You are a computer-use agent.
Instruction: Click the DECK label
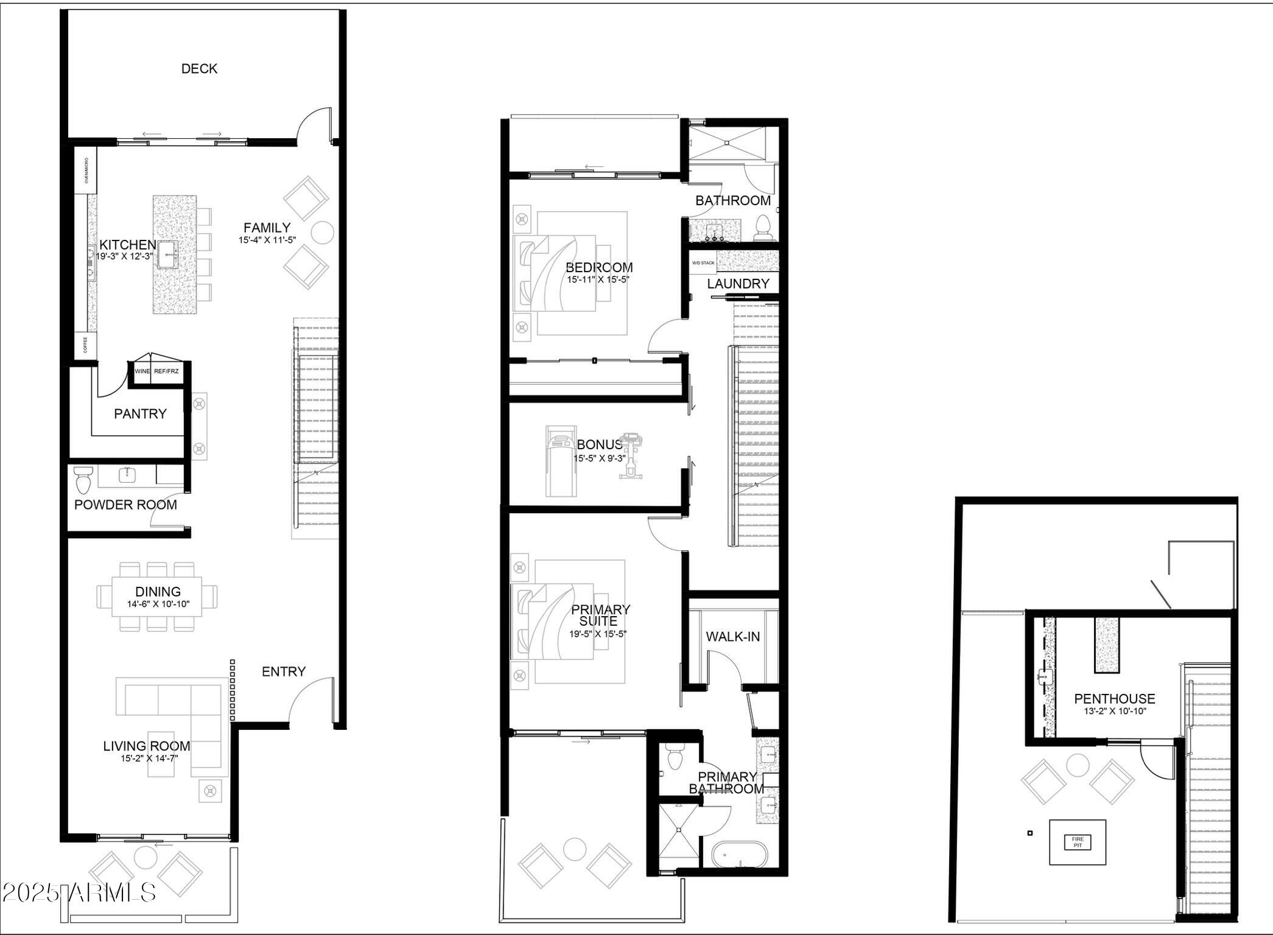(x=199, y=69)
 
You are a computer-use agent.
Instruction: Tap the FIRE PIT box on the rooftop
(x=1077, y=842)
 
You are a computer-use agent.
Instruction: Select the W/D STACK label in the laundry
(x=703, y=263)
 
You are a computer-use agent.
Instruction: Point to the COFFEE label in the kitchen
(x=85, y=345)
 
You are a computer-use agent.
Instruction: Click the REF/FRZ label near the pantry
(x=166, y=371)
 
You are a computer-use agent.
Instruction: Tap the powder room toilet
(x=82, y=479)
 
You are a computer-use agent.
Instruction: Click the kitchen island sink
(x=166, y=254)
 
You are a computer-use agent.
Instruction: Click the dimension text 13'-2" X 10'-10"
(x=1114, y=711)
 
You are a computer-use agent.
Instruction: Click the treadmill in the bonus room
(x=560, y=461)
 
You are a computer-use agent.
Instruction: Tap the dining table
(x=157, y=597)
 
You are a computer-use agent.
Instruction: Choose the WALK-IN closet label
(x=732, y=637)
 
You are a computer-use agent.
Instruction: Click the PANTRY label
(x=140, y=414)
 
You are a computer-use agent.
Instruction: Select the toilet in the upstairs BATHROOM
(x=763, y=228)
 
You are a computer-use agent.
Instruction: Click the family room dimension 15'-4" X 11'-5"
(x=267, y=240)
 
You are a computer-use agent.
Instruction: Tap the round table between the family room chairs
(x=322, y=233)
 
